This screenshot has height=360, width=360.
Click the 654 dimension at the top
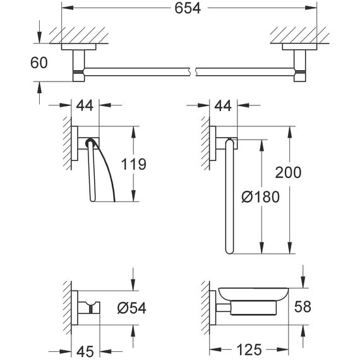[x=188, y=8]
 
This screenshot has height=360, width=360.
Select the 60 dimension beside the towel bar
[x=39, y=63]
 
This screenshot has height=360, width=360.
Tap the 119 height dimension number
[x=133, y=164]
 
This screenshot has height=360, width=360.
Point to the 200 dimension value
[x=288, y=172]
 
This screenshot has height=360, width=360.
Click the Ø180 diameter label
[x=261, y=197]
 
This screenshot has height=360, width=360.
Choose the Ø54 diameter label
[x=132, y=308]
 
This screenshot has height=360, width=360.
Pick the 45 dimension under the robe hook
[x=85, y=351]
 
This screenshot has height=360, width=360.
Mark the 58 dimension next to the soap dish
[x=303, y=306]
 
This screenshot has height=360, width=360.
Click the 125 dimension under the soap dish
[x=249, y=350]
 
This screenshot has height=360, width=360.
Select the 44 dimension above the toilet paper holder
[x=85, y=105]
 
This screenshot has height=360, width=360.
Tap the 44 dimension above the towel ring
[x=223, y=105]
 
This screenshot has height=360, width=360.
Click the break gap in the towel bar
[x=193, y=72]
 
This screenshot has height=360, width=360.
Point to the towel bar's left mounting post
[x=79, y=66]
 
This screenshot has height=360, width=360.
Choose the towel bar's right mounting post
[x=300, y=66]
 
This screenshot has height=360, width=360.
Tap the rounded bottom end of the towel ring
[x=229, y=251]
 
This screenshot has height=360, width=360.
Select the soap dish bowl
[x=254, y=294]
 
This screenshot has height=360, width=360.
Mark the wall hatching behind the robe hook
[x=68, y=308]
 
